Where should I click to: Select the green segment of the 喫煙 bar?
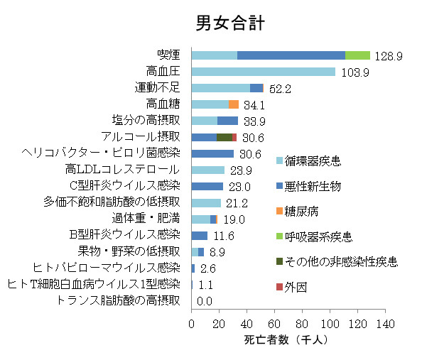pos(357,55)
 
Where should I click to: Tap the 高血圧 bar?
pos(263,72)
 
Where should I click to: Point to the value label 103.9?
pos(354,72)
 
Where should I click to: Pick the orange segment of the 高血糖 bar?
pos(233,104)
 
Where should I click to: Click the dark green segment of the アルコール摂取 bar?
pos(224,137)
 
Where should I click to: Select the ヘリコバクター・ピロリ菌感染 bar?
pos(212,153)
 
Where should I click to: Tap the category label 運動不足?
pos(158,88)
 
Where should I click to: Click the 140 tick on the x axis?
pos(385,324)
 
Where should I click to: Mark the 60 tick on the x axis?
pos(274,324)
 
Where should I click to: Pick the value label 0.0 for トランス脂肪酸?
pos(205,301)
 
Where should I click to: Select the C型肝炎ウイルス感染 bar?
pos(207,186)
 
